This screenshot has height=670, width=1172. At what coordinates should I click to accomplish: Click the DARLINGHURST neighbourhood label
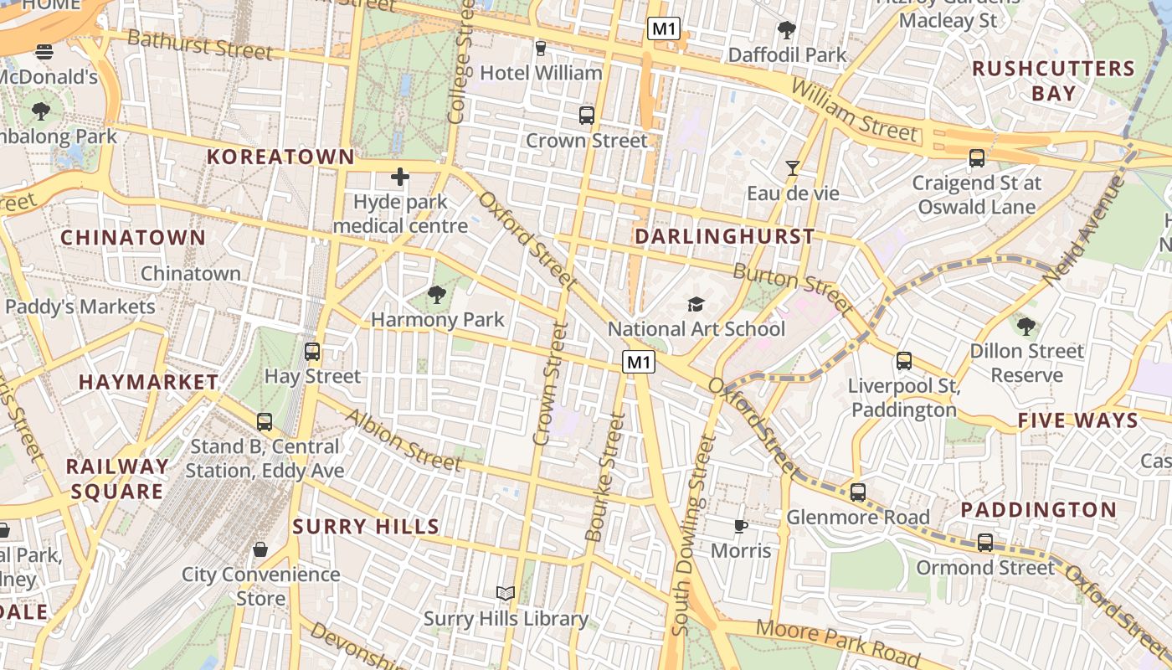pyautogui.click(x=724, y=237)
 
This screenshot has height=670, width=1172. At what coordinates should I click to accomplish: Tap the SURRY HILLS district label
pyautogui.click(x=366, y=527)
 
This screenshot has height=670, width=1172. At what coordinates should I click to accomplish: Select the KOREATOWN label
pyautogui.click(x=280, y=157)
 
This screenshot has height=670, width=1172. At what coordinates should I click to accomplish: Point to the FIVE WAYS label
pyautogui.click(x=1078, y=420)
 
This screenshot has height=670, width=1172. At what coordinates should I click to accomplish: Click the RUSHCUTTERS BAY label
pyautogui.click(x=1053, y=80)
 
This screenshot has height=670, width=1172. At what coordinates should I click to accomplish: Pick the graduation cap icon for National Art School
pyautogui.click(x=696, y=304)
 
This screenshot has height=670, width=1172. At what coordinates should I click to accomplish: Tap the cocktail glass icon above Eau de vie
pyautogui.click(x=792, y=168)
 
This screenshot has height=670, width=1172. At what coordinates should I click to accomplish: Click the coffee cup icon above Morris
pyautogui.click(x=740, y=526)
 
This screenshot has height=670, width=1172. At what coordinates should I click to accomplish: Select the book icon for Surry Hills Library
pyautogui.click(x=505, y=594)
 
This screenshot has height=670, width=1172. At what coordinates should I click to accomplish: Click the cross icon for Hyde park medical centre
pyautogui.click(x=400, y=177)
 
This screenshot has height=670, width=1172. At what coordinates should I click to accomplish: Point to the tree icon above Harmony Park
pyautogui.click(x=436, y=294)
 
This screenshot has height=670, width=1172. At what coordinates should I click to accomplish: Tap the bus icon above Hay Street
pyautogui.click(x=312, y=352)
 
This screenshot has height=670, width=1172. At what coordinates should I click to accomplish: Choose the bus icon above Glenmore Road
pyautogui.click(x=858, y=492)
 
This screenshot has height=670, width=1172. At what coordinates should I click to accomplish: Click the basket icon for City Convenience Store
pyautogui.click(x=260, y=549)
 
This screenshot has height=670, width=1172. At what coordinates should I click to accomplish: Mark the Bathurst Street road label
pyautogui.click(x=200, y=45)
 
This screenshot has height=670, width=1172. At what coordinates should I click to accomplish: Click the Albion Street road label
pyautogui.click(x=403, y=441)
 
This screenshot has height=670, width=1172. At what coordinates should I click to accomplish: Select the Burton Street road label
pyautogui.click(x=793, y=284)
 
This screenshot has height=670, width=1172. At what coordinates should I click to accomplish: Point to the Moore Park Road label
pyautogui.click(x=837, y=642)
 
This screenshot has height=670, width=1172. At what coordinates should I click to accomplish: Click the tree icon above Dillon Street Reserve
pyautogui.click(x=1025, y=326)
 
